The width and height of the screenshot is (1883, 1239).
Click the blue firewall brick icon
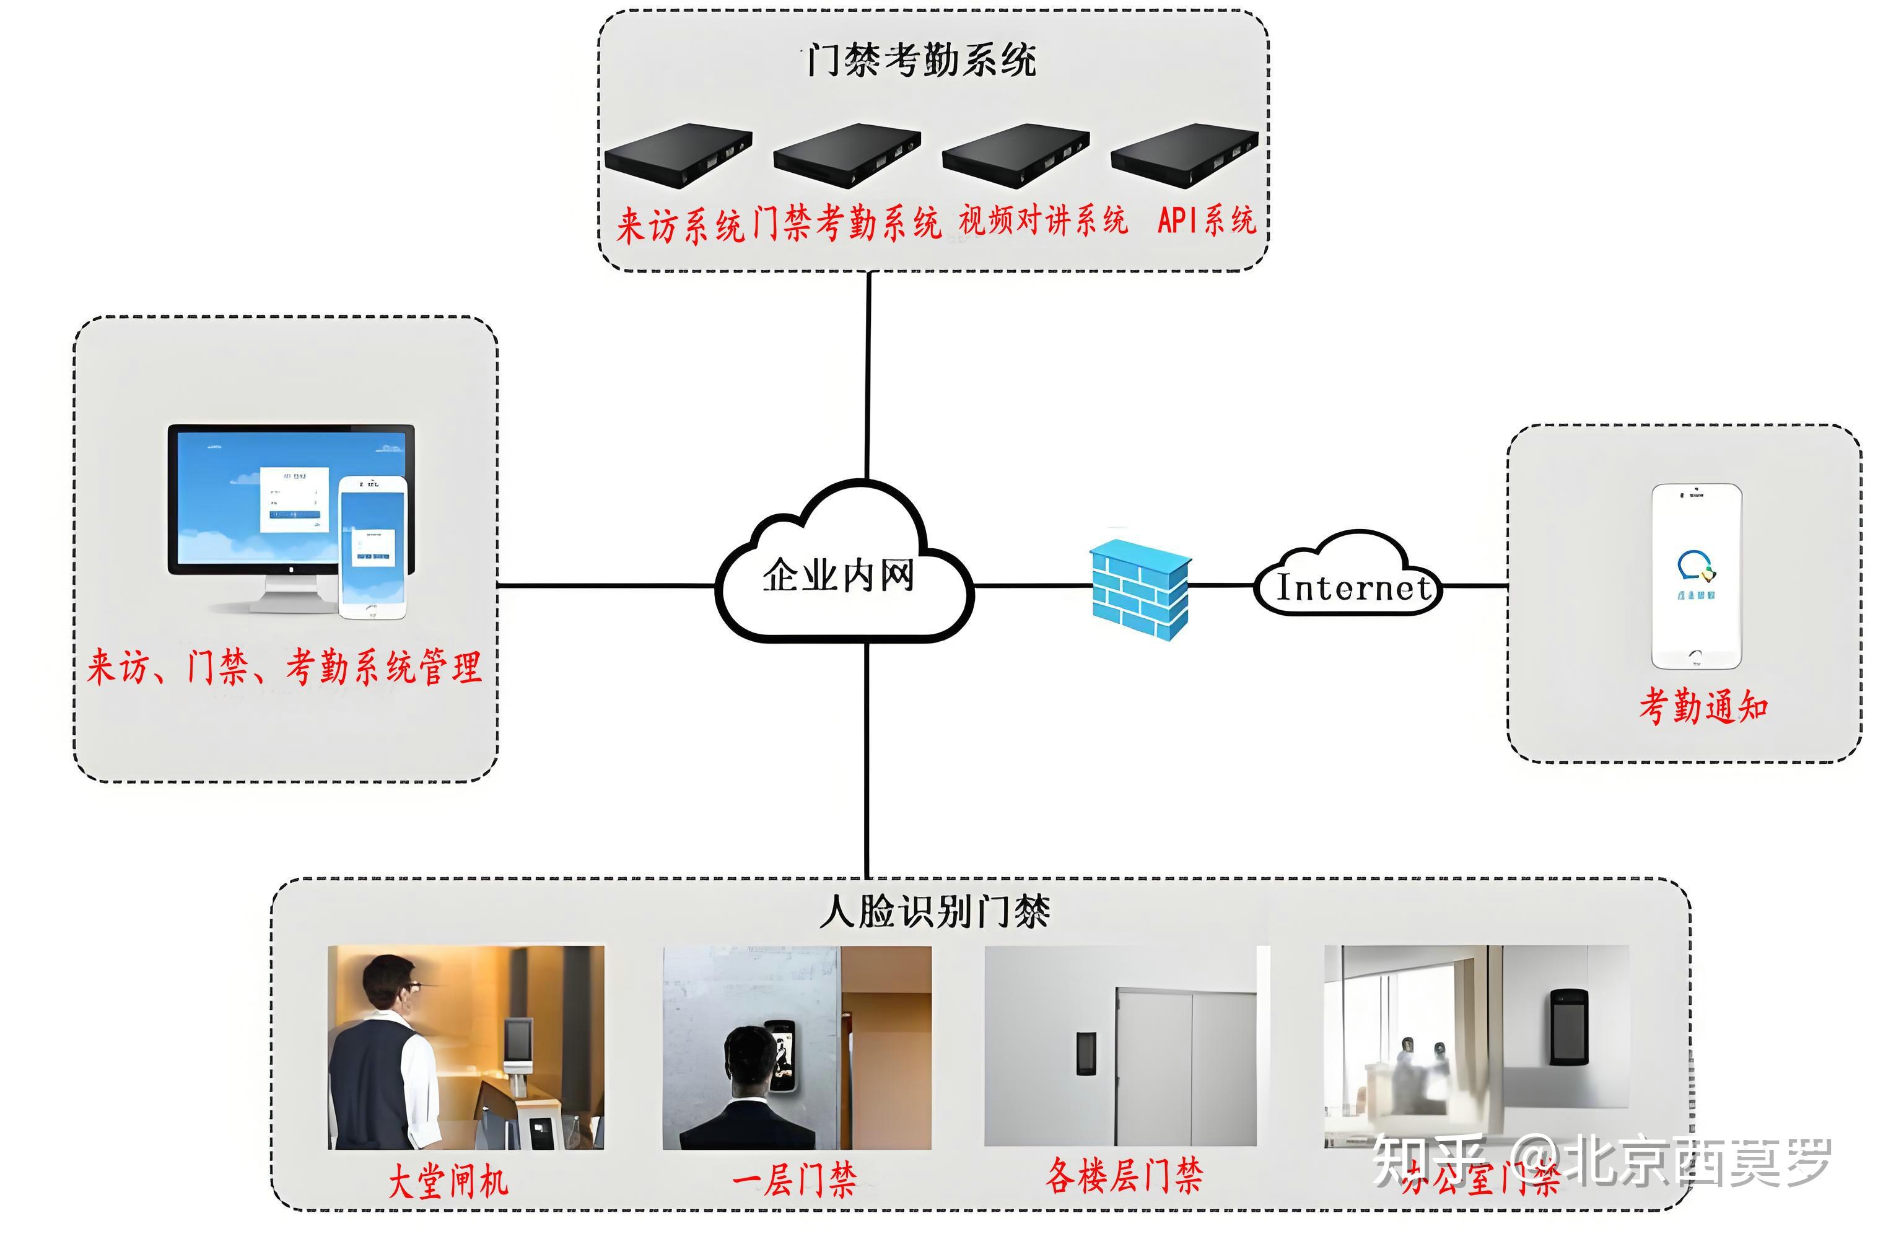(x=1139, y=589)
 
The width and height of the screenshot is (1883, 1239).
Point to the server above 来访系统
(x=678, y=154)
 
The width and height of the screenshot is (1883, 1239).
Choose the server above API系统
(x=1184, y=154)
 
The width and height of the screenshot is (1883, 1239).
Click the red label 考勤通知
(x=1703, y=706)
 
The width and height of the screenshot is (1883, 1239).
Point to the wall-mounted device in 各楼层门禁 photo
(x=1085, y=1053)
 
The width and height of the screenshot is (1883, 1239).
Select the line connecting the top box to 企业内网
(x=868, y=376)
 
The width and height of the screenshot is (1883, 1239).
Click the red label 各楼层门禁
(x=1124, y=1176)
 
